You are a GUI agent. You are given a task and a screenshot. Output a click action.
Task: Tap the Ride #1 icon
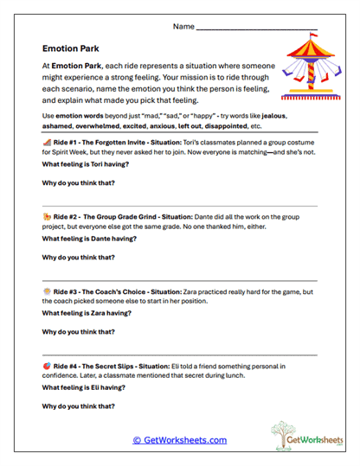coord(46,140)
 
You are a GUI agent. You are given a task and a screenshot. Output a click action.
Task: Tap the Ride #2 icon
coord(46,214)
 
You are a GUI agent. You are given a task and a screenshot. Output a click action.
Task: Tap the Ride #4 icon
coord(46,365)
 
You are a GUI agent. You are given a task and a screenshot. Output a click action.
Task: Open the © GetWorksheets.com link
coord(180,439)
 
